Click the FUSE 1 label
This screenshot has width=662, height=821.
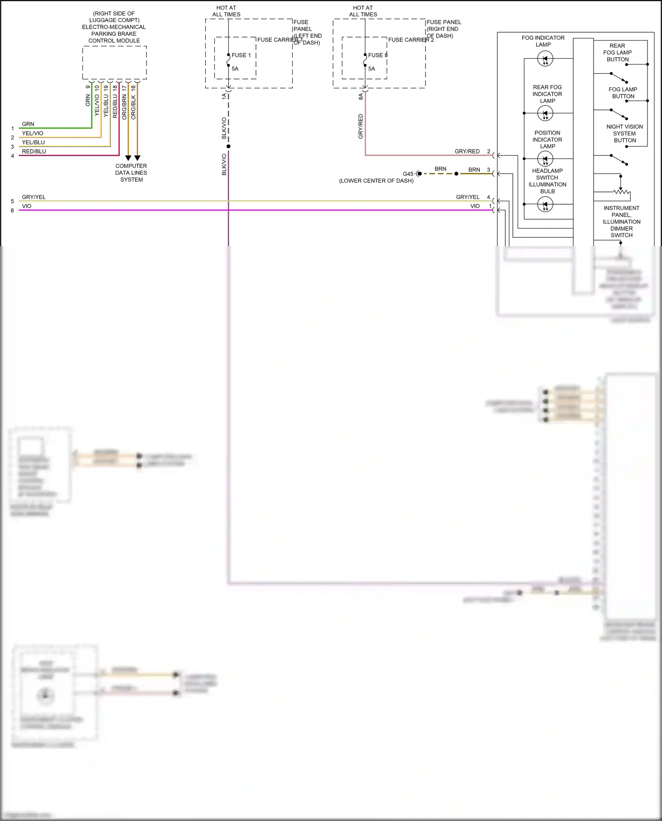tap(241, 55)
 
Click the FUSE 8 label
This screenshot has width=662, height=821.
tap(378, 55)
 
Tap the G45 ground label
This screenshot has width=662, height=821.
tap(408, 174)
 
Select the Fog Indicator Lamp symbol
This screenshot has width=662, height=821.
tap(545, 59)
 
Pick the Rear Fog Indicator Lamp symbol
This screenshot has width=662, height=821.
tap(545, 113)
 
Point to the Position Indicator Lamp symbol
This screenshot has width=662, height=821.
tap(545, 159)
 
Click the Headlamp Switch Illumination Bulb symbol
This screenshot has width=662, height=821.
tap(545, 204)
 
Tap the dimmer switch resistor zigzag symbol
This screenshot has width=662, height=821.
tap(622, 191)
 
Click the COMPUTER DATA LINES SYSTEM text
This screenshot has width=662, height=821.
tap(131, 173)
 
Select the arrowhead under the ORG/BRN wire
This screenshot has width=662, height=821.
tap(128, 158)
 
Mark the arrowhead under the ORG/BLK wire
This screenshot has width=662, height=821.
tap(137, 158)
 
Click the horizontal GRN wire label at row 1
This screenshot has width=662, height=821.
tap(28, 124)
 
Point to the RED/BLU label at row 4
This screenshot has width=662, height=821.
tap(34, 151)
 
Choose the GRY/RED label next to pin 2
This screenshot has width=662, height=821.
tap(467, 151)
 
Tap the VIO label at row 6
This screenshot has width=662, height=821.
tap(26, 206)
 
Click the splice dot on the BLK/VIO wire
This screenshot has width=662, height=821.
tap(228, 146)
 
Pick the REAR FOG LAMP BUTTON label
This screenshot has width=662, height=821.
tap(617, 52)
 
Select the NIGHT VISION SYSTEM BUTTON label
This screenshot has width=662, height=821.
tap(624, 134)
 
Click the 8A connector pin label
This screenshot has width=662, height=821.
tap(361, 96)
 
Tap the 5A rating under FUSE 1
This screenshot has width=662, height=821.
tap(235, 69)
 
